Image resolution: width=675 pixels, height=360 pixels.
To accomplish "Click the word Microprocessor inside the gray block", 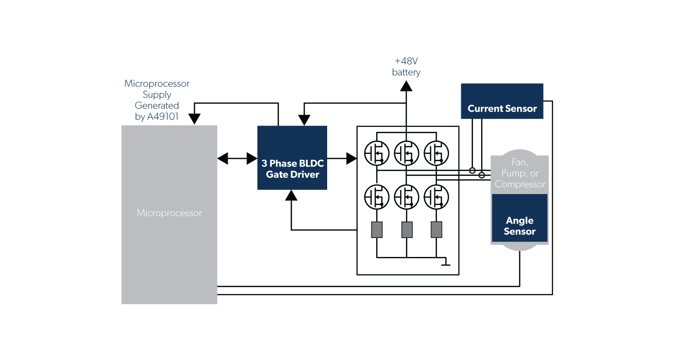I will pos(169,213).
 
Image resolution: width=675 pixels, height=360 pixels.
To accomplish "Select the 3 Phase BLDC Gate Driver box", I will pos(292,157).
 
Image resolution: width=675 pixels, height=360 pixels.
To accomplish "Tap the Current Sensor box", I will pos(502,101).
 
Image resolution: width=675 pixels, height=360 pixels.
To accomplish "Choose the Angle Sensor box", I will pos(519,218).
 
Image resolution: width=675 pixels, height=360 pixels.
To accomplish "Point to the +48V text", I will pos(406,61).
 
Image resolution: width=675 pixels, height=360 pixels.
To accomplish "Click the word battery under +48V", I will pos(406,72).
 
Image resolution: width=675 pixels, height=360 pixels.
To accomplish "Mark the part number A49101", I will pos(163,117).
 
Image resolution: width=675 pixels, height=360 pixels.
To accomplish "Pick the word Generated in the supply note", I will pos(157,106).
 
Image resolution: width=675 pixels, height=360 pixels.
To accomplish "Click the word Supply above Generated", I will pos(157,94).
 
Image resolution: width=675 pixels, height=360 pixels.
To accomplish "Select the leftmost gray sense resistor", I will pos(377,229).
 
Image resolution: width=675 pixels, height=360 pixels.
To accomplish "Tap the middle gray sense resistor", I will pos(407,229).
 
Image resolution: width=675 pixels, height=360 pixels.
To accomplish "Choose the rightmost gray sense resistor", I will pos(436,229).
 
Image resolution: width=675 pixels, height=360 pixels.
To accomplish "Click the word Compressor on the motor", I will pos(520,184).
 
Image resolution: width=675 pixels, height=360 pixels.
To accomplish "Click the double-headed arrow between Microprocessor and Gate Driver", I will pos(237,158).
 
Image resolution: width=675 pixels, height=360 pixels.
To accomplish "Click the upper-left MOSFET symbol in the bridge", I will pos(377,153).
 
